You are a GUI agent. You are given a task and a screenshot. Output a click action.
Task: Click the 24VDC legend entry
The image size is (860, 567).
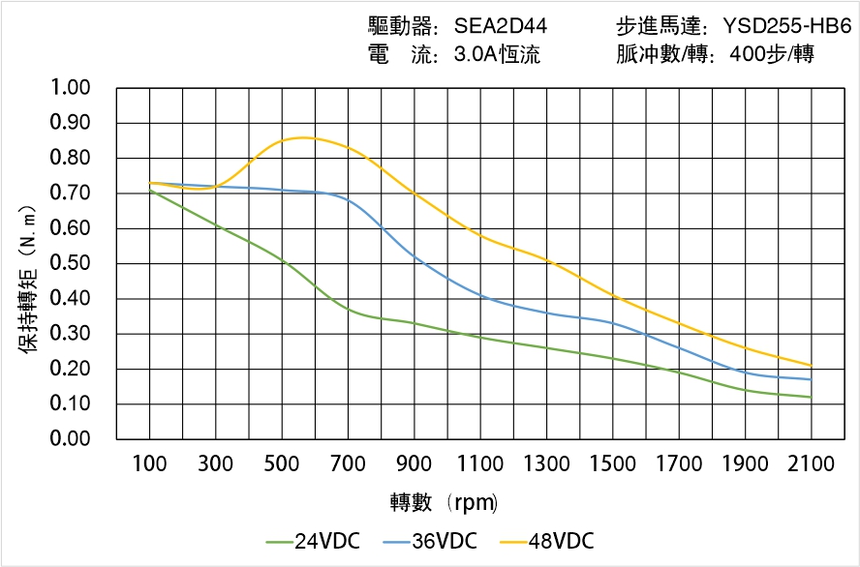click(x=313, y=541)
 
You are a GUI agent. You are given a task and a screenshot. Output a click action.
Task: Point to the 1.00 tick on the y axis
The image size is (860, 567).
click(x=69, y=88)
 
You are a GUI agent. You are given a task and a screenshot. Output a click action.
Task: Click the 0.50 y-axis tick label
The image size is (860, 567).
click(x=69, y=263)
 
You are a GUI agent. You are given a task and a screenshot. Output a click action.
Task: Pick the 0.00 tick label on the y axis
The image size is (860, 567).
click(x=69, y=439)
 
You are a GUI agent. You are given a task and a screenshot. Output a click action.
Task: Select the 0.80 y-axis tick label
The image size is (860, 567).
click(x=69, y=158)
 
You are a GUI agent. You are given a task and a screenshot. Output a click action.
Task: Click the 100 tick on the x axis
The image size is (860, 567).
click(x=149, y=464)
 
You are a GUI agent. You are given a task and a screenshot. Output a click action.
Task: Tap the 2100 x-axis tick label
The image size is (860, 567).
click(x=811, y=464)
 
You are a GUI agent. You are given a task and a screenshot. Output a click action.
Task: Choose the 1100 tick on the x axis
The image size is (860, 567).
click(x=480, y=464)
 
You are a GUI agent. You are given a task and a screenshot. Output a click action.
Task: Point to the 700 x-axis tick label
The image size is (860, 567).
click(x=348, y=464)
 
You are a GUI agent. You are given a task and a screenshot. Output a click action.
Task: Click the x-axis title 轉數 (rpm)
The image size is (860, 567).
click(x=444, y=502)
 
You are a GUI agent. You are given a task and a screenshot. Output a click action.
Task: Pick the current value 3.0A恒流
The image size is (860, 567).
click(x=497, y=55)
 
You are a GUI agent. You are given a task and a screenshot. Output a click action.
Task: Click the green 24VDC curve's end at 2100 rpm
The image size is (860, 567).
click(x=811, y=397)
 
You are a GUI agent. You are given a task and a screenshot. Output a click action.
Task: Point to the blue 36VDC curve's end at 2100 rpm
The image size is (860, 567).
click(x=811, y=379)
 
